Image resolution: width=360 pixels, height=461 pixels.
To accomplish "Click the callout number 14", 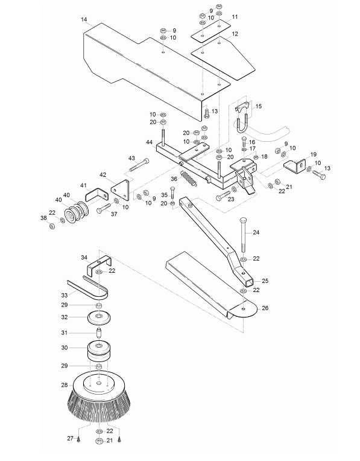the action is click(84, 20).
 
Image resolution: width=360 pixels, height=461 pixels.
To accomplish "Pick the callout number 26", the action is click(265, 308).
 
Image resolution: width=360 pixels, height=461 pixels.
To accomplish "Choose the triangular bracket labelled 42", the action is click(121, 190).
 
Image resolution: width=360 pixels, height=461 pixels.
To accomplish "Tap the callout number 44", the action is click(150, 142).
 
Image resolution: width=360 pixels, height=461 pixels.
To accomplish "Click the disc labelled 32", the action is click(99, 317).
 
